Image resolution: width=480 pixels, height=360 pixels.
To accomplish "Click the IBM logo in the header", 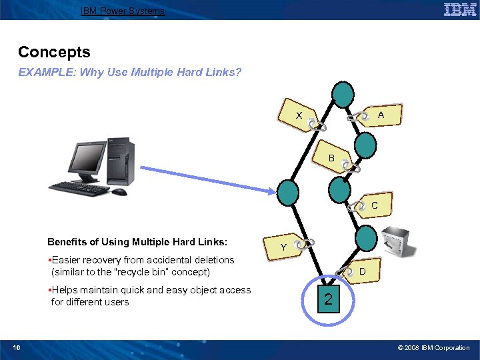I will pyautogui.click(x=459, y=10).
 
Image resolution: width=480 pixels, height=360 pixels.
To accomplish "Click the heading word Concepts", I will pyautogui.click(x=54, y=52).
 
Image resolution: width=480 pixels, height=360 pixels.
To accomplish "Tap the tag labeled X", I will pyautogui.click(x=301, y=116).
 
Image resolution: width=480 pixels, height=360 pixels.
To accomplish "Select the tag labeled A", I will pyautogui.click(x=377, y=115).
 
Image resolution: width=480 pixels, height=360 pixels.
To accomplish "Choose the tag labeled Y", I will pyautogui.click(x=285, y=247).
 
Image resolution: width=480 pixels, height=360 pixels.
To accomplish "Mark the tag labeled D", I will pyautogui.click(x=361, y=271).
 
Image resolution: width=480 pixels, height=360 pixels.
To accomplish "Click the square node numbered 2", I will pyautogui.click(x=327, y=299).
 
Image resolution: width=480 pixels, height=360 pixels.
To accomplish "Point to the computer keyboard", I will pyautogui.click(x=79, y=188).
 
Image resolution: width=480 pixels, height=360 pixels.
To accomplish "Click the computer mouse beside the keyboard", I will pyautogui.click(x=119, y=192).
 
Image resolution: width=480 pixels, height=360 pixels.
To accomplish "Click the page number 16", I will pyautogui.click(x=17, y=348).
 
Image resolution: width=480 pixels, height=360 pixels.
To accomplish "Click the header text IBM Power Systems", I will pyautogui.click(x=122, y=11).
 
